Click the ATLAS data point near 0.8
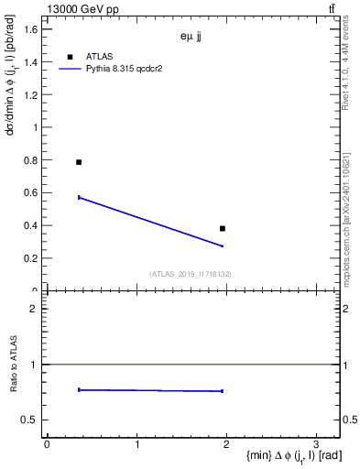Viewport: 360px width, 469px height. (79, 162)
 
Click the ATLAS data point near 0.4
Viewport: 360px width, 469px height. (223, 228)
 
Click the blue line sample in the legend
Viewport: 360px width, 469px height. (70, 69)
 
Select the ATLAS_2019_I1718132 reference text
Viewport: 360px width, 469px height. (191, 274)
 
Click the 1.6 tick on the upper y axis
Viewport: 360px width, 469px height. (32, 29)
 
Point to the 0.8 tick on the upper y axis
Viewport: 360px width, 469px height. (32, 160)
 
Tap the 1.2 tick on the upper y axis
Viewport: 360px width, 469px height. (32, 95)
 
